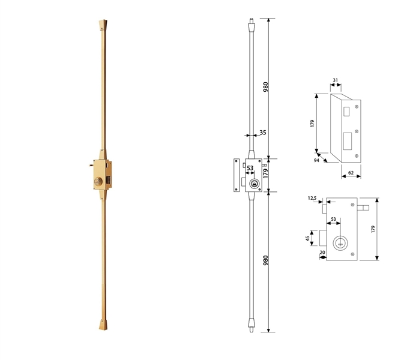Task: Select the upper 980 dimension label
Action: click(x=265, y=87)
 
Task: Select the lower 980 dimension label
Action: click(x=265, y=261)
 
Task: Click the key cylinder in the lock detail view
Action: click(x=341, y=243)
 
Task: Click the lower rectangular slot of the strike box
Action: click(x=348, y=141)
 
